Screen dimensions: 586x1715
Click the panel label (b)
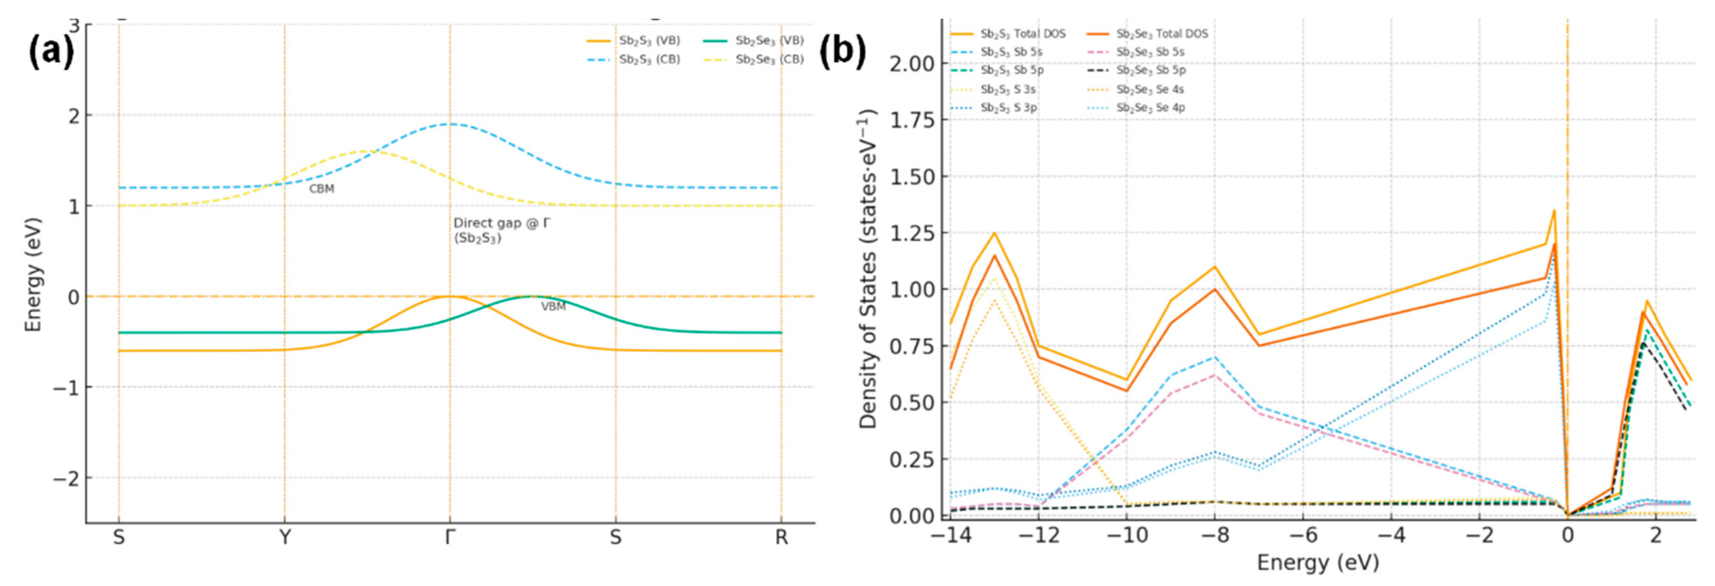(x=842, y=51)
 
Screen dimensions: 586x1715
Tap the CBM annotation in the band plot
(x=322, y=189)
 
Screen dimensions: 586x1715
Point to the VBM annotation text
(x=553, y=307)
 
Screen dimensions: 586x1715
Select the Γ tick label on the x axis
(x=450, y=537)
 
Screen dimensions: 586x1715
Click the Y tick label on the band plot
(x=285, y=537)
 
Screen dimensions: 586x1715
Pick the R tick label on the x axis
(x=781, y=537)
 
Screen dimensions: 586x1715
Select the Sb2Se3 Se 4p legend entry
(x=1150, y=107)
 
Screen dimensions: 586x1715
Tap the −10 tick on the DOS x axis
(x=1126, y=535)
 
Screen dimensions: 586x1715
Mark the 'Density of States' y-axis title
(x=867, y=269)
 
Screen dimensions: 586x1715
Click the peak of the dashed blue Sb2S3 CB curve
(x=450, y=124)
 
